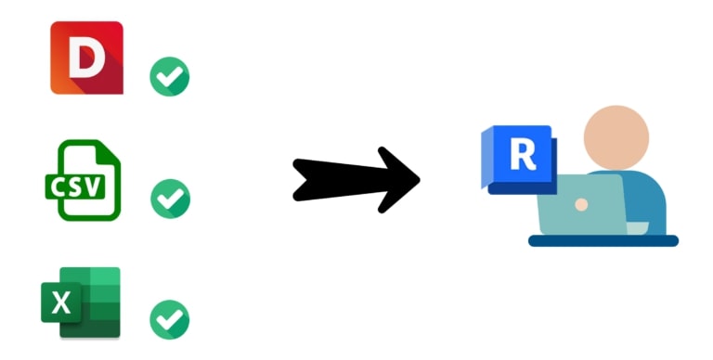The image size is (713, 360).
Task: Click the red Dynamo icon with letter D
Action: point(86,58)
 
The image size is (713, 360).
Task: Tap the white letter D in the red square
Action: point(87,57)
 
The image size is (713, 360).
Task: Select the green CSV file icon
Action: point(84,180)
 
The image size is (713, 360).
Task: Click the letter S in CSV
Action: point(75,186)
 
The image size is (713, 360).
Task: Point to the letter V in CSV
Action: point(92,186)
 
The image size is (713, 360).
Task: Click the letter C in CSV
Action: point(59,186)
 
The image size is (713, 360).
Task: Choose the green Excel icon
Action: point(81,302)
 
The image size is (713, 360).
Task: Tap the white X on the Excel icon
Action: point(61,302)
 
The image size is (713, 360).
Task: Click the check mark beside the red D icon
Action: point(170,76)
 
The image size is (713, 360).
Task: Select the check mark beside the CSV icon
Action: point(170,199)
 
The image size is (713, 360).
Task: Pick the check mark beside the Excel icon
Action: point(170,319)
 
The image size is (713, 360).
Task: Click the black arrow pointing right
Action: point(356,180)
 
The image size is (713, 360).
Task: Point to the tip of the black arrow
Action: point(420,180)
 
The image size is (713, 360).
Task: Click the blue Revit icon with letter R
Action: point(519,160)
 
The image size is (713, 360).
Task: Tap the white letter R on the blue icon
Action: point(523,155)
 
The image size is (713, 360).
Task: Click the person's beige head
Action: point(616,138)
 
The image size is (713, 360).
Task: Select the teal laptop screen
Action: point(582,204)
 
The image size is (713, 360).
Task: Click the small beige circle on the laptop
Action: point(581,204)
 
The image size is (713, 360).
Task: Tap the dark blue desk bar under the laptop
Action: point(603,240)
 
